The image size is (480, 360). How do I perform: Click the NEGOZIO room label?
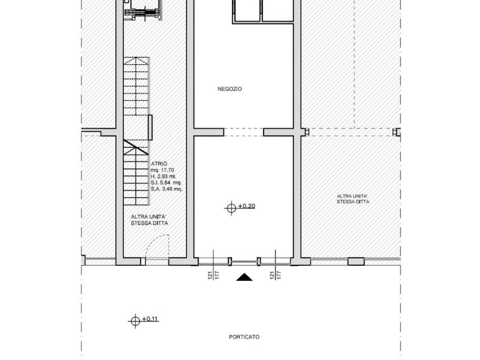pos(230,89)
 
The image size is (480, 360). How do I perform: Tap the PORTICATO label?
pos(244,337)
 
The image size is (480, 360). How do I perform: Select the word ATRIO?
pos(159,164)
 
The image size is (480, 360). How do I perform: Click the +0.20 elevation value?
pos(247,206)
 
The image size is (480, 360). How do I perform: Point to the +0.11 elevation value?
pos(150,319)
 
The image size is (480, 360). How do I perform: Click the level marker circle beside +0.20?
pos(232,208)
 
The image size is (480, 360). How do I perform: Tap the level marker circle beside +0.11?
pos(135,321)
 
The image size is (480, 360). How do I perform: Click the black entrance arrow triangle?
pos(244,277)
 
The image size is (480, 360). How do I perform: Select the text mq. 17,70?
pos(163,170)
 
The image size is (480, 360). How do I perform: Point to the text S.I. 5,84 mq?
pos(166,183)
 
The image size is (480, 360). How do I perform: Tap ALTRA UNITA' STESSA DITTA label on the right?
pos(352,199)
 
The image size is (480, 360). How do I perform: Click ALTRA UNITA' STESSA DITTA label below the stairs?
pos(150,220)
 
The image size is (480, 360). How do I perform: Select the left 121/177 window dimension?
pos(214,275)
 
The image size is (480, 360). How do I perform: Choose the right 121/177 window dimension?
pos(276,275)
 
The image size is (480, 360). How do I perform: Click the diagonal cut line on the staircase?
pos(136,147)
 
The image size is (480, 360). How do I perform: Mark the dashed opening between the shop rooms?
pos(244,132)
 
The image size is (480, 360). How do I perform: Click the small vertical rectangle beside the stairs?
pos(150,127)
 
